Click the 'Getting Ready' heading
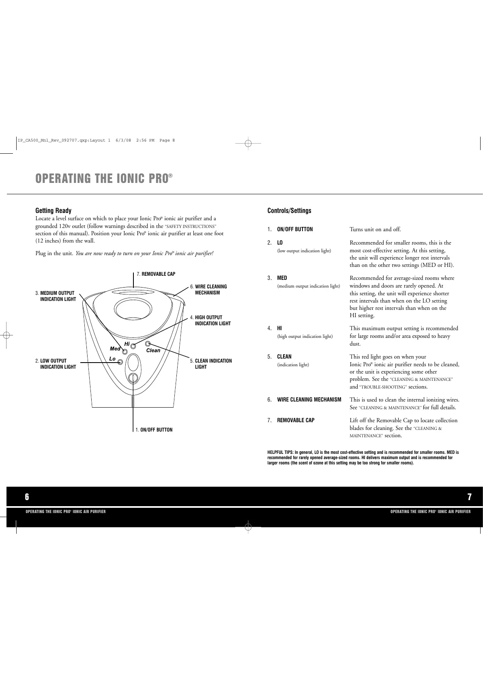click(x=53, y=210)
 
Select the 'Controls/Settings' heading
click(x=289, y=210)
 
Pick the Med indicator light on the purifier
click(x=125, y=351)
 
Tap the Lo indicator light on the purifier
click(x=120, y=362)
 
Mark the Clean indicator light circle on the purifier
click(x=148, y=344)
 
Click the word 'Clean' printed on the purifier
click(x=153, y=350)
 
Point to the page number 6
click(x=27, y=497)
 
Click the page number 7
click(x=469, y=497)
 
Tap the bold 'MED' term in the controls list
click(x=282, y=278)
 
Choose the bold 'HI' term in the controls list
click(x=279, y=329)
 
